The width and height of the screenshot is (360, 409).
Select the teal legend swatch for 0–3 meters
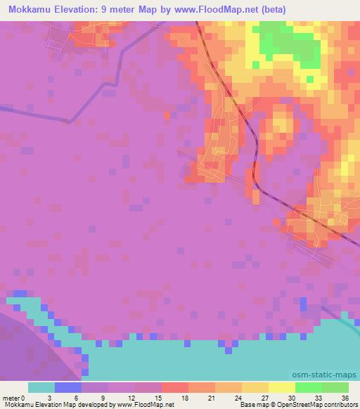click(41, 387)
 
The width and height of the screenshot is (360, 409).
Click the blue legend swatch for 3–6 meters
click(68, 387)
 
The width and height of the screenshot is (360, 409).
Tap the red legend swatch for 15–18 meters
click(175, 387)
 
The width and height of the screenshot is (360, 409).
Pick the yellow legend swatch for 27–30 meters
click(282, 387)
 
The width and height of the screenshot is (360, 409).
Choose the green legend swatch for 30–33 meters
click(309, 387)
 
